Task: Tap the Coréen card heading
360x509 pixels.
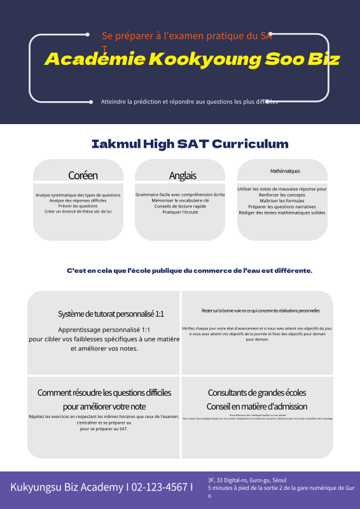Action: pos(83,176)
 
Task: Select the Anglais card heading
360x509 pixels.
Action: pos(183,176)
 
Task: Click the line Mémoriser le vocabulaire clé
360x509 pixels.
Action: pos(180,200)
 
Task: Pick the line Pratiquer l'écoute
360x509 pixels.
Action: pos(180,212)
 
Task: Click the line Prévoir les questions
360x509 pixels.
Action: pos(78,206)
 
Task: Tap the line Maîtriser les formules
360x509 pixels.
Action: pos(282,200)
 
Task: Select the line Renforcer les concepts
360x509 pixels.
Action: pos(282,195)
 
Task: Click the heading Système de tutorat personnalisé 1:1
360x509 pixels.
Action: pos(111,314)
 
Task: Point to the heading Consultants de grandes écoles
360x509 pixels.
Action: pos(257,393)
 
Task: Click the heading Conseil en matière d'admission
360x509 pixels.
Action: pos(257,407)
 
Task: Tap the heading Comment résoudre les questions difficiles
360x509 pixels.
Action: pos(104,393)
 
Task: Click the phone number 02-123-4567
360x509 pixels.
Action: pos(159,487)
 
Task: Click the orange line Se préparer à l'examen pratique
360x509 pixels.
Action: pos(187,36)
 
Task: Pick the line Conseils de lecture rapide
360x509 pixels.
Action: pos(180,206)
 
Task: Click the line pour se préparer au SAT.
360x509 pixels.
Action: pos(104,429)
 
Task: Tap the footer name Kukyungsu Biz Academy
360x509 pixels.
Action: pos(67,487)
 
